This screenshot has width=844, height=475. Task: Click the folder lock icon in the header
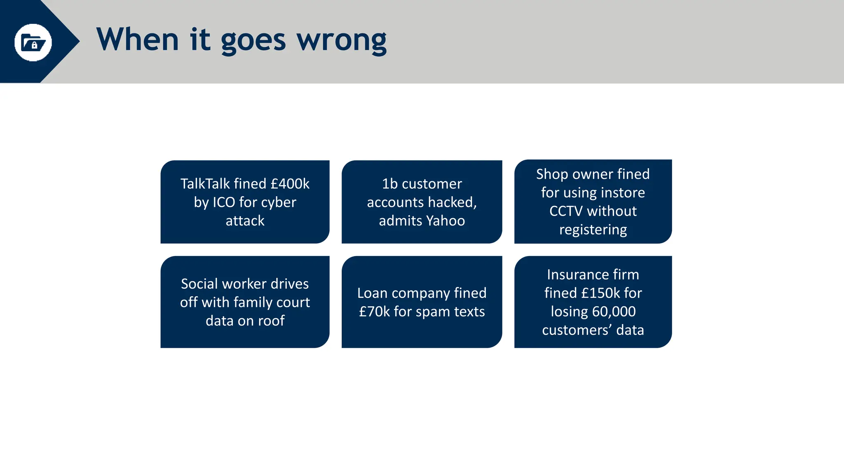coord(33,42)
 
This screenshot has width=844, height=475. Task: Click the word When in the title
coord(137,40)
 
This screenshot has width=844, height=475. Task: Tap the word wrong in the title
coord(342,40)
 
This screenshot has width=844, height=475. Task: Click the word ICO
coord(223,202)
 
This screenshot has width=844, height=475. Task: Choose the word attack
coord(245,221)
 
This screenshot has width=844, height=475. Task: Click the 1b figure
coord(389,184)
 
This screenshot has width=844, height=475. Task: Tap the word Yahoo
coord(445,221)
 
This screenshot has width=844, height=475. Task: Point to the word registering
coord(593,230)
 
